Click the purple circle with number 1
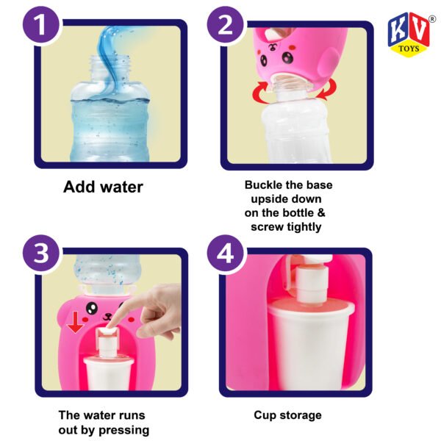pos(41,25)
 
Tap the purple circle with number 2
pos(226,25)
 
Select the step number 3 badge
pos(41,253)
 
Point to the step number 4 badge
pos(226,253)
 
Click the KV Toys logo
pos(409,35)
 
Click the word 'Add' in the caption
pos(79,187)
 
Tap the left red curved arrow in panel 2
pos(260,93)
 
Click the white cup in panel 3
pos(108,373)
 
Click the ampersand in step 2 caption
pos(321,213)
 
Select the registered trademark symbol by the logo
pos(432,19)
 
